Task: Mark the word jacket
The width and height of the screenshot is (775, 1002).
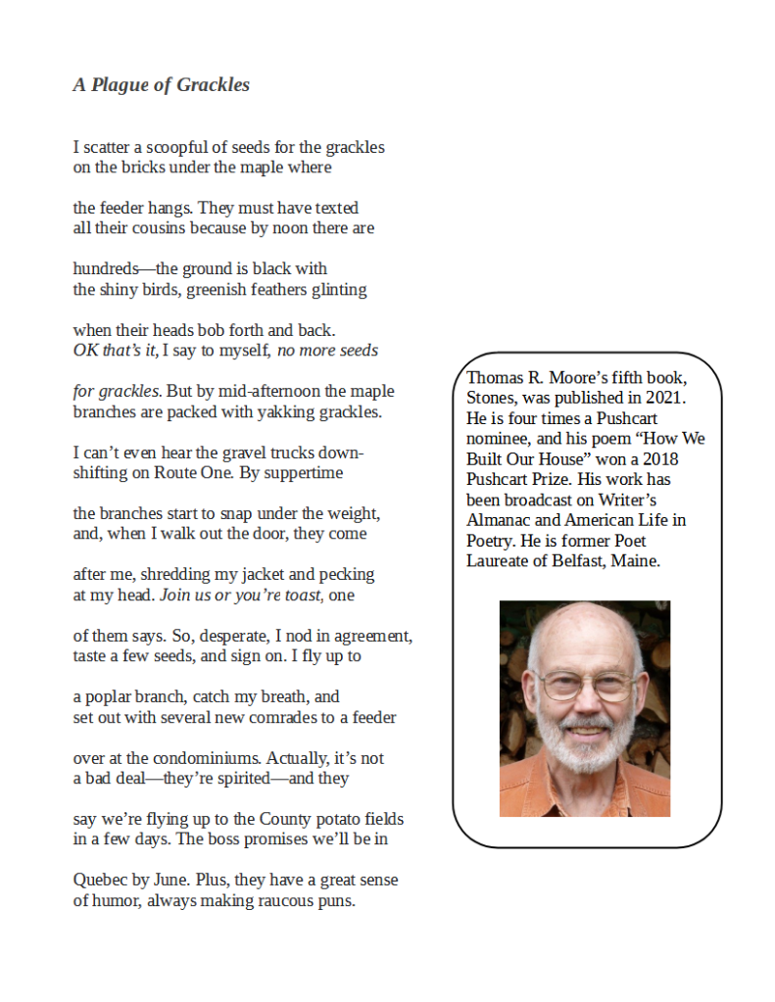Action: [266, 575]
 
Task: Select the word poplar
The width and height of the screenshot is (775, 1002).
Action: [112, 697]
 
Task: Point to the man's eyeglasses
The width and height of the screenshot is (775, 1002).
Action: [586, 685]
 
